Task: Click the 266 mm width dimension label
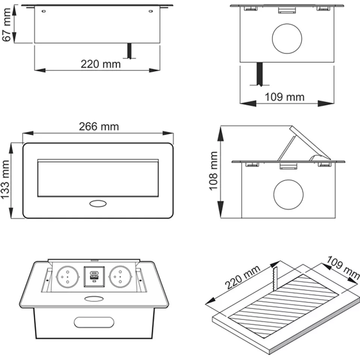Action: click(x=98, y=126)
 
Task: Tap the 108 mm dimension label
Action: click(x=214, y=171)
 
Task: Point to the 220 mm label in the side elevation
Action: click(x=101, y=64)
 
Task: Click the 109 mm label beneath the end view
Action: click(x=285, y=97)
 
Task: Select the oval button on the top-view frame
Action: click(x=98, y=204)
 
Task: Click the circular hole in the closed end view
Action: click(x=287, y=38)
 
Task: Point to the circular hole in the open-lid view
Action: click(x=288, y=193)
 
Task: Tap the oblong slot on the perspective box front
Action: click(x=94, y=322)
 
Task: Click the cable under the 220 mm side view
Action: click(x=129, y=51)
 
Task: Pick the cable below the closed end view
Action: click(x=259, y=73)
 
